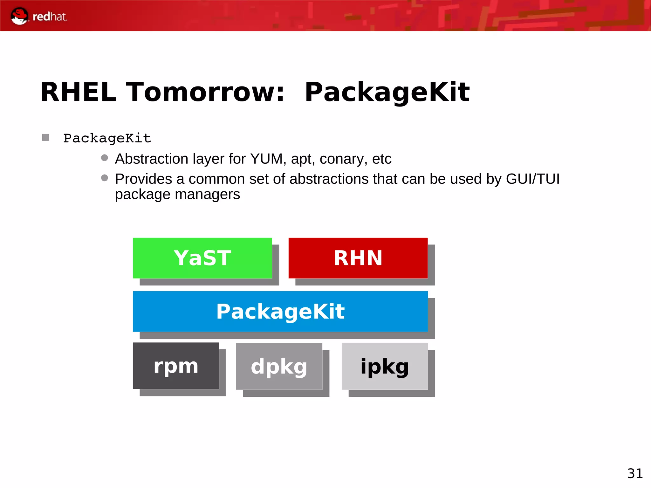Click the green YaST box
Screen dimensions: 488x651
tap(202, 258)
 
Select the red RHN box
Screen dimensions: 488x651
tap(358, 258)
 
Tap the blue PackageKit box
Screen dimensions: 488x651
tap(280, 311)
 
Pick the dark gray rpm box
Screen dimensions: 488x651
tap(176, 366)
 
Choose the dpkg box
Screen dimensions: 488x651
tap(279, 366)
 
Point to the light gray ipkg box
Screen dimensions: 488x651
tap(385, 366)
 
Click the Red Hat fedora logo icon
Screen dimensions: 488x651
tap(19, 16)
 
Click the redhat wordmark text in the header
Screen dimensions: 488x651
tap(50, 17)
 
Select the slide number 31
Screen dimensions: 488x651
tap(635, 473)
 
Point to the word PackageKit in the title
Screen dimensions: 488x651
tap(387, 93)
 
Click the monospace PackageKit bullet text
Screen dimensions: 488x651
tap(107, 138)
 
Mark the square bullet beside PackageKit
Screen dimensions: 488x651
tap(45, 137)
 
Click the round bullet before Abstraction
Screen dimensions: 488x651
tap(105, 158)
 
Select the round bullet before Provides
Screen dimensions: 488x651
tap(105, 178)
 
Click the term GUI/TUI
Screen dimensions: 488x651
tap(533, 179)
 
